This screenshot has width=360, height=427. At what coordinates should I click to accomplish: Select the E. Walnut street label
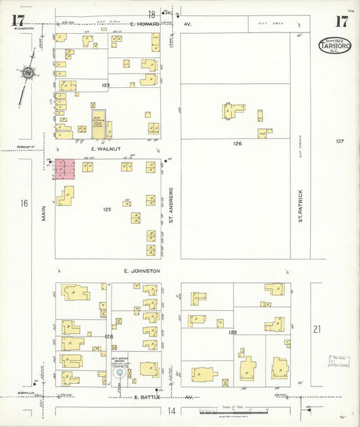pyautogui.click(x=107, y=145)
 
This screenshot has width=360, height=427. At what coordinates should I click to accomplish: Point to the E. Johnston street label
pyautogui.click(x=142, y=271)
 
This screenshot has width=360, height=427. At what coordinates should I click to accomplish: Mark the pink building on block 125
pyautogui.click(x=65, y=169)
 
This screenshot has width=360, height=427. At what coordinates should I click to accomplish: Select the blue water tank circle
pyautogui.click(x=120, y=372)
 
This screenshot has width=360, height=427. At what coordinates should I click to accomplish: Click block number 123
pyautogui.click(x=105, y=86)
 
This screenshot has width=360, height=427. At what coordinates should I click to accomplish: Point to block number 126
pyautogui.click(x=237, y=143)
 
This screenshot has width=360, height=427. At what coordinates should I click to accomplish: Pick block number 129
pyautogui.click(x=233, y=332)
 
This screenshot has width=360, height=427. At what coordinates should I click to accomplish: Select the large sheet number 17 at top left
pyautogui.click(x=18, y=20)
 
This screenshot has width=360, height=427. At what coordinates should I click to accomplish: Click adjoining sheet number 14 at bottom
pyautogui.click(x=172, y=411)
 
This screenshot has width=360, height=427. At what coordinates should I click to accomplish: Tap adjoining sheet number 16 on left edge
pyautogui.click(x=24, y=203)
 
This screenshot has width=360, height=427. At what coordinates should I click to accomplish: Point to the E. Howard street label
pyautogui.click(x=145, y=24)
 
